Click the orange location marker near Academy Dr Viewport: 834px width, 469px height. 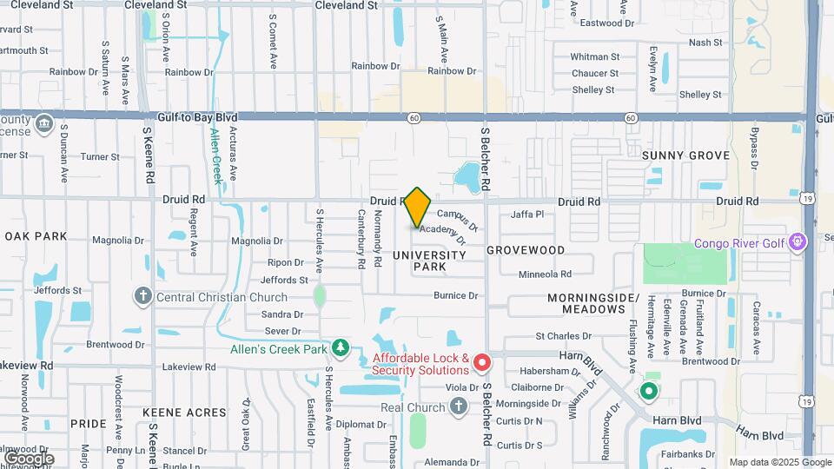(418, 207)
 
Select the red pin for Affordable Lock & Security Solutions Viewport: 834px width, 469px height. (482, 360)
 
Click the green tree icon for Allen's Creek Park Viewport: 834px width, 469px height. (341, 350)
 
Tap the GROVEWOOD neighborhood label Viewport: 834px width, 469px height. (526, 250)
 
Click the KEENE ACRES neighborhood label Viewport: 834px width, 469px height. (184, 413)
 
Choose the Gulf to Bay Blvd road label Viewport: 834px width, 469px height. (197, 117)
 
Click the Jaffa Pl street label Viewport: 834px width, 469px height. (527, 214)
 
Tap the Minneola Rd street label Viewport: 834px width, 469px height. (544, 274)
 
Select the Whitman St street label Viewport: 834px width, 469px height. (594, 57)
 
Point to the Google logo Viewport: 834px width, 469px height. (29, 458)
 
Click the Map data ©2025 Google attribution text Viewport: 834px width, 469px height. (779, 462)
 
